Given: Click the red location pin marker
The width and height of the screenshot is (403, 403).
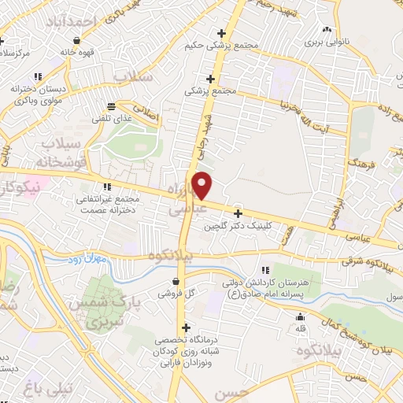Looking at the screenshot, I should (x=202, y=185).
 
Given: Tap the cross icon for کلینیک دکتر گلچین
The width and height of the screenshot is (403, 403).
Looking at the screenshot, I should (x=238, y=213).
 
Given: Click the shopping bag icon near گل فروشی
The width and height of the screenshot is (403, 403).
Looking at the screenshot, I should (x=176, y=281).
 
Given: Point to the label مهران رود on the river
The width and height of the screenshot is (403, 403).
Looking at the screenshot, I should (x=95, y=258).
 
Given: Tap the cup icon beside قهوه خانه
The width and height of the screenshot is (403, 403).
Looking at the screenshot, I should (x=76, y=41).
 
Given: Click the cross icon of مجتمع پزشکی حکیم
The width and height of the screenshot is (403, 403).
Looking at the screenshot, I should (x=222, y=34).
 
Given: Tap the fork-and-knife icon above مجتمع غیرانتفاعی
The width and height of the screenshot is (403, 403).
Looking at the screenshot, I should (x=107, y=187).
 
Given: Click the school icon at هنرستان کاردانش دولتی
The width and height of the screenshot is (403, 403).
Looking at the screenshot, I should (x=275, y=270).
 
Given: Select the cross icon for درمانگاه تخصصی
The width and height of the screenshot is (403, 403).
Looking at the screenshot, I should (x=186, y=327).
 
